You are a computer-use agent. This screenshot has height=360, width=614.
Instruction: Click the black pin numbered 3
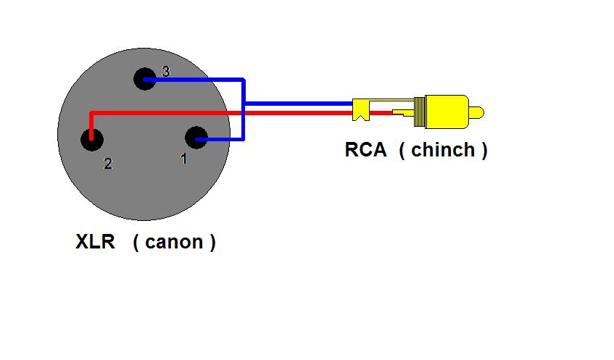tap(145, 79)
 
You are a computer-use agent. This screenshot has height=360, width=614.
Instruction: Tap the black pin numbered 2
tap(91, 139)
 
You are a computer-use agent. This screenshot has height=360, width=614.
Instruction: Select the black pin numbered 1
tap(196, 138)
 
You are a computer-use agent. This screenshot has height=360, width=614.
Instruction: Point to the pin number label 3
tap(165, 71)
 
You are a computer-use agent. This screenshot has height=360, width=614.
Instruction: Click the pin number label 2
tap(108, 163)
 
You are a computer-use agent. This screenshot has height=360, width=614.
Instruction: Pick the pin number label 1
tap(183, 159)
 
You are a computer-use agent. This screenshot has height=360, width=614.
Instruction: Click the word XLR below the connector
tap(95, 241)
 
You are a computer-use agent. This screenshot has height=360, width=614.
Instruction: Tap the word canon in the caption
tap(174, 242)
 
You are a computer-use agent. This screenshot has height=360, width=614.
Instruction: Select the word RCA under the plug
tap(365, 149)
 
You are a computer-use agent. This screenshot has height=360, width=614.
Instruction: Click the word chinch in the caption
tap(443, 149)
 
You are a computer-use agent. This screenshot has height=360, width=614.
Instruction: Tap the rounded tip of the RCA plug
tap(476, 113)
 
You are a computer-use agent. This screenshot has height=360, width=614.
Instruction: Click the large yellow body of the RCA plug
tap(447, 112)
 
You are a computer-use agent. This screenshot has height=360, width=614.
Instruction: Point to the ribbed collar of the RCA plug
tap(420, 112)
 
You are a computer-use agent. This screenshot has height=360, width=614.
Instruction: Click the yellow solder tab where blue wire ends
tap(360, 109)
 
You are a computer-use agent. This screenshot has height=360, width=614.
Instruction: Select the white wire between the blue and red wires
tap(299, 109)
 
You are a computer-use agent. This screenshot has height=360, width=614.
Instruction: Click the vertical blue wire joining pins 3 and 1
tap(243, 109)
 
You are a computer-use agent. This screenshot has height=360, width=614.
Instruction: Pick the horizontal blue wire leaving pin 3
tap(194, 80)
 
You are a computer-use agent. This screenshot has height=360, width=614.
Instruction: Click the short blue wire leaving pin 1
tap(219, 138)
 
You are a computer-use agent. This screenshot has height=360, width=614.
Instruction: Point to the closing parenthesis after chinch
tap(484, 150)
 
